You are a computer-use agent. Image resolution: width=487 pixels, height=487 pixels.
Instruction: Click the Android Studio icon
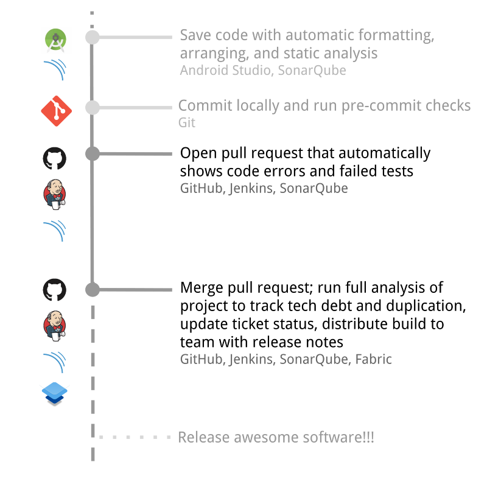(57, 40)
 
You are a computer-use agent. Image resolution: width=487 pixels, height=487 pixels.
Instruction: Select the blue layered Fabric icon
(55, 389)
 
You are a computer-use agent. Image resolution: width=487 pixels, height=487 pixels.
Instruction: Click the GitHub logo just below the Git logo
(55, 158)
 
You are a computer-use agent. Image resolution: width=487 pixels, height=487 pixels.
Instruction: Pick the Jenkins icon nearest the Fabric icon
(55, 324)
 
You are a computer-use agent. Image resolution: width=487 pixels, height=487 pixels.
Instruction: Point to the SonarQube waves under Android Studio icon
(55, 70)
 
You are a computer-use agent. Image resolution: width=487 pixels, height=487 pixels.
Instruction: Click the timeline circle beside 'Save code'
(92, 37)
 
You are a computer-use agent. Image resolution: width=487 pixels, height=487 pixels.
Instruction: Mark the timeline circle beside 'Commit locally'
(92, 108)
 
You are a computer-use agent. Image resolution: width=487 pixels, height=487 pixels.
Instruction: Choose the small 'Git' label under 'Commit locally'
(187, 123)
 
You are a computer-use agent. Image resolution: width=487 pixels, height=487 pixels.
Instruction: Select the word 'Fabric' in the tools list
(373, 359)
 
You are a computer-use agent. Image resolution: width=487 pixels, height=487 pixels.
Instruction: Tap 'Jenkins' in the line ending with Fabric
(251, 359)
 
